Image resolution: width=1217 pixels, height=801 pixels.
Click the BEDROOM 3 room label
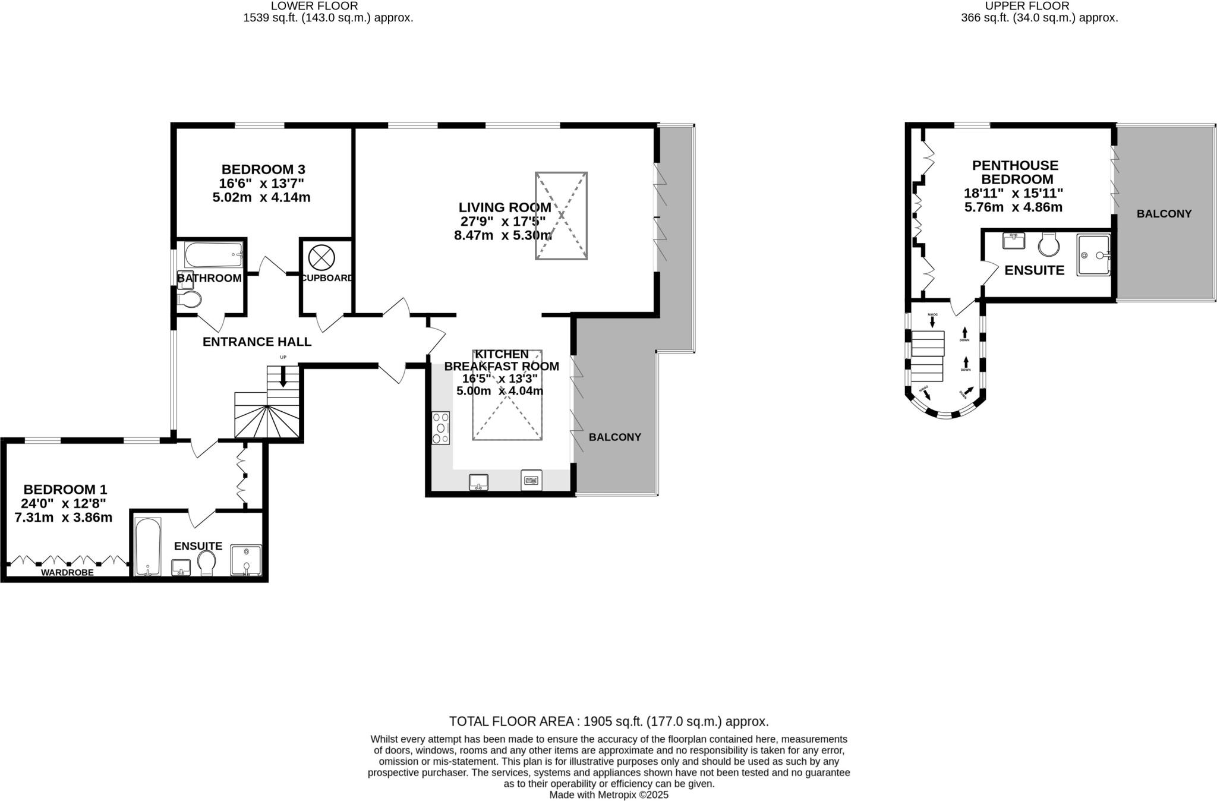[263, 169]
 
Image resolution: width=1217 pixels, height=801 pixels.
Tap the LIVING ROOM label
[504, 207]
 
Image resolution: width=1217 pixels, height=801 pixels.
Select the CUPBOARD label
[326, 278]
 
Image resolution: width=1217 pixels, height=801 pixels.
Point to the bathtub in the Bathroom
[213, 255]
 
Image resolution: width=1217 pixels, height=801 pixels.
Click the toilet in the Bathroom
[190, 298]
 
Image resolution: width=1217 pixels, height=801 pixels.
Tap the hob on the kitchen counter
[441, 427]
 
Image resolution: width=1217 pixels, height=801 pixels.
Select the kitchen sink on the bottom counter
[478, 482]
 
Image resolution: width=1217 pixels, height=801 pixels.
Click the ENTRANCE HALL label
[257, 342]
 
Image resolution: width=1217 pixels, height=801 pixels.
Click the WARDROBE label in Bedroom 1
[67, 573]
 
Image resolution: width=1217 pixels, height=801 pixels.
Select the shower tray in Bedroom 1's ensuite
[245, 560]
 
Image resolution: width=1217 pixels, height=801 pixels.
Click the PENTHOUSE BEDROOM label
[1015, 172]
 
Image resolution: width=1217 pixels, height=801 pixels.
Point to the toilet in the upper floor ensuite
[1049, 244]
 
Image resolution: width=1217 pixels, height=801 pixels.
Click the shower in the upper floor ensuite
[1093, 256]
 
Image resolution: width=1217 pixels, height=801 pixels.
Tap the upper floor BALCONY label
[1164, 214]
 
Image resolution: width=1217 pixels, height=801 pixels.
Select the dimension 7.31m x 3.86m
[64, 518]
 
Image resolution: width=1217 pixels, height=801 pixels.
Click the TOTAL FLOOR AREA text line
[608, 721]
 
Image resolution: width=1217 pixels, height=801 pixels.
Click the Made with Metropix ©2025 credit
[608, 794]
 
